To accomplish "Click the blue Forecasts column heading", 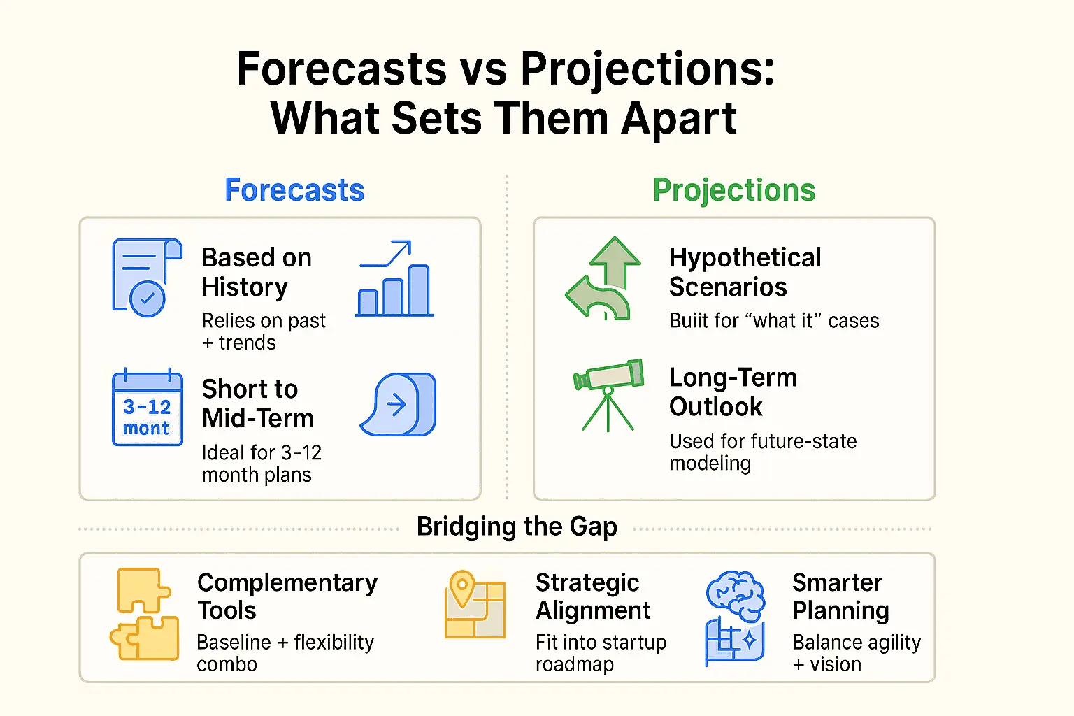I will [294, 190].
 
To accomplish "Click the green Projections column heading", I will [733, 190].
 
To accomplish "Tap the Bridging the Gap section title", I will [517, 527].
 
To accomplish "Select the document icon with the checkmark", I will [147, 278].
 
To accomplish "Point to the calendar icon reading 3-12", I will [147, 408].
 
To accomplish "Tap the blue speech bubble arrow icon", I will [399, 405].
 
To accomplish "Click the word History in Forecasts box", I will [245, 287].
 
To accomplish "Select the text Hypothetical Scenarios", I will [745, 272].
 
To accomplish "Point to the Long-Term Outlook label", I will [732, 392].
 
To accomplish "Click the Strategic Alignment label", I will [592, 596].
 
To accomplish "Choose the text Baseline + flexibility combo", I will [285, 653].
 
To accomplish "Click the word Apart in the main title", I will [678, 118].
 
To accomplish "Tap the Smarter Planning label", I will [840, 596].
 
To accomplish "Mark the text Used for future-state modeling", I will [762, 452].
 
